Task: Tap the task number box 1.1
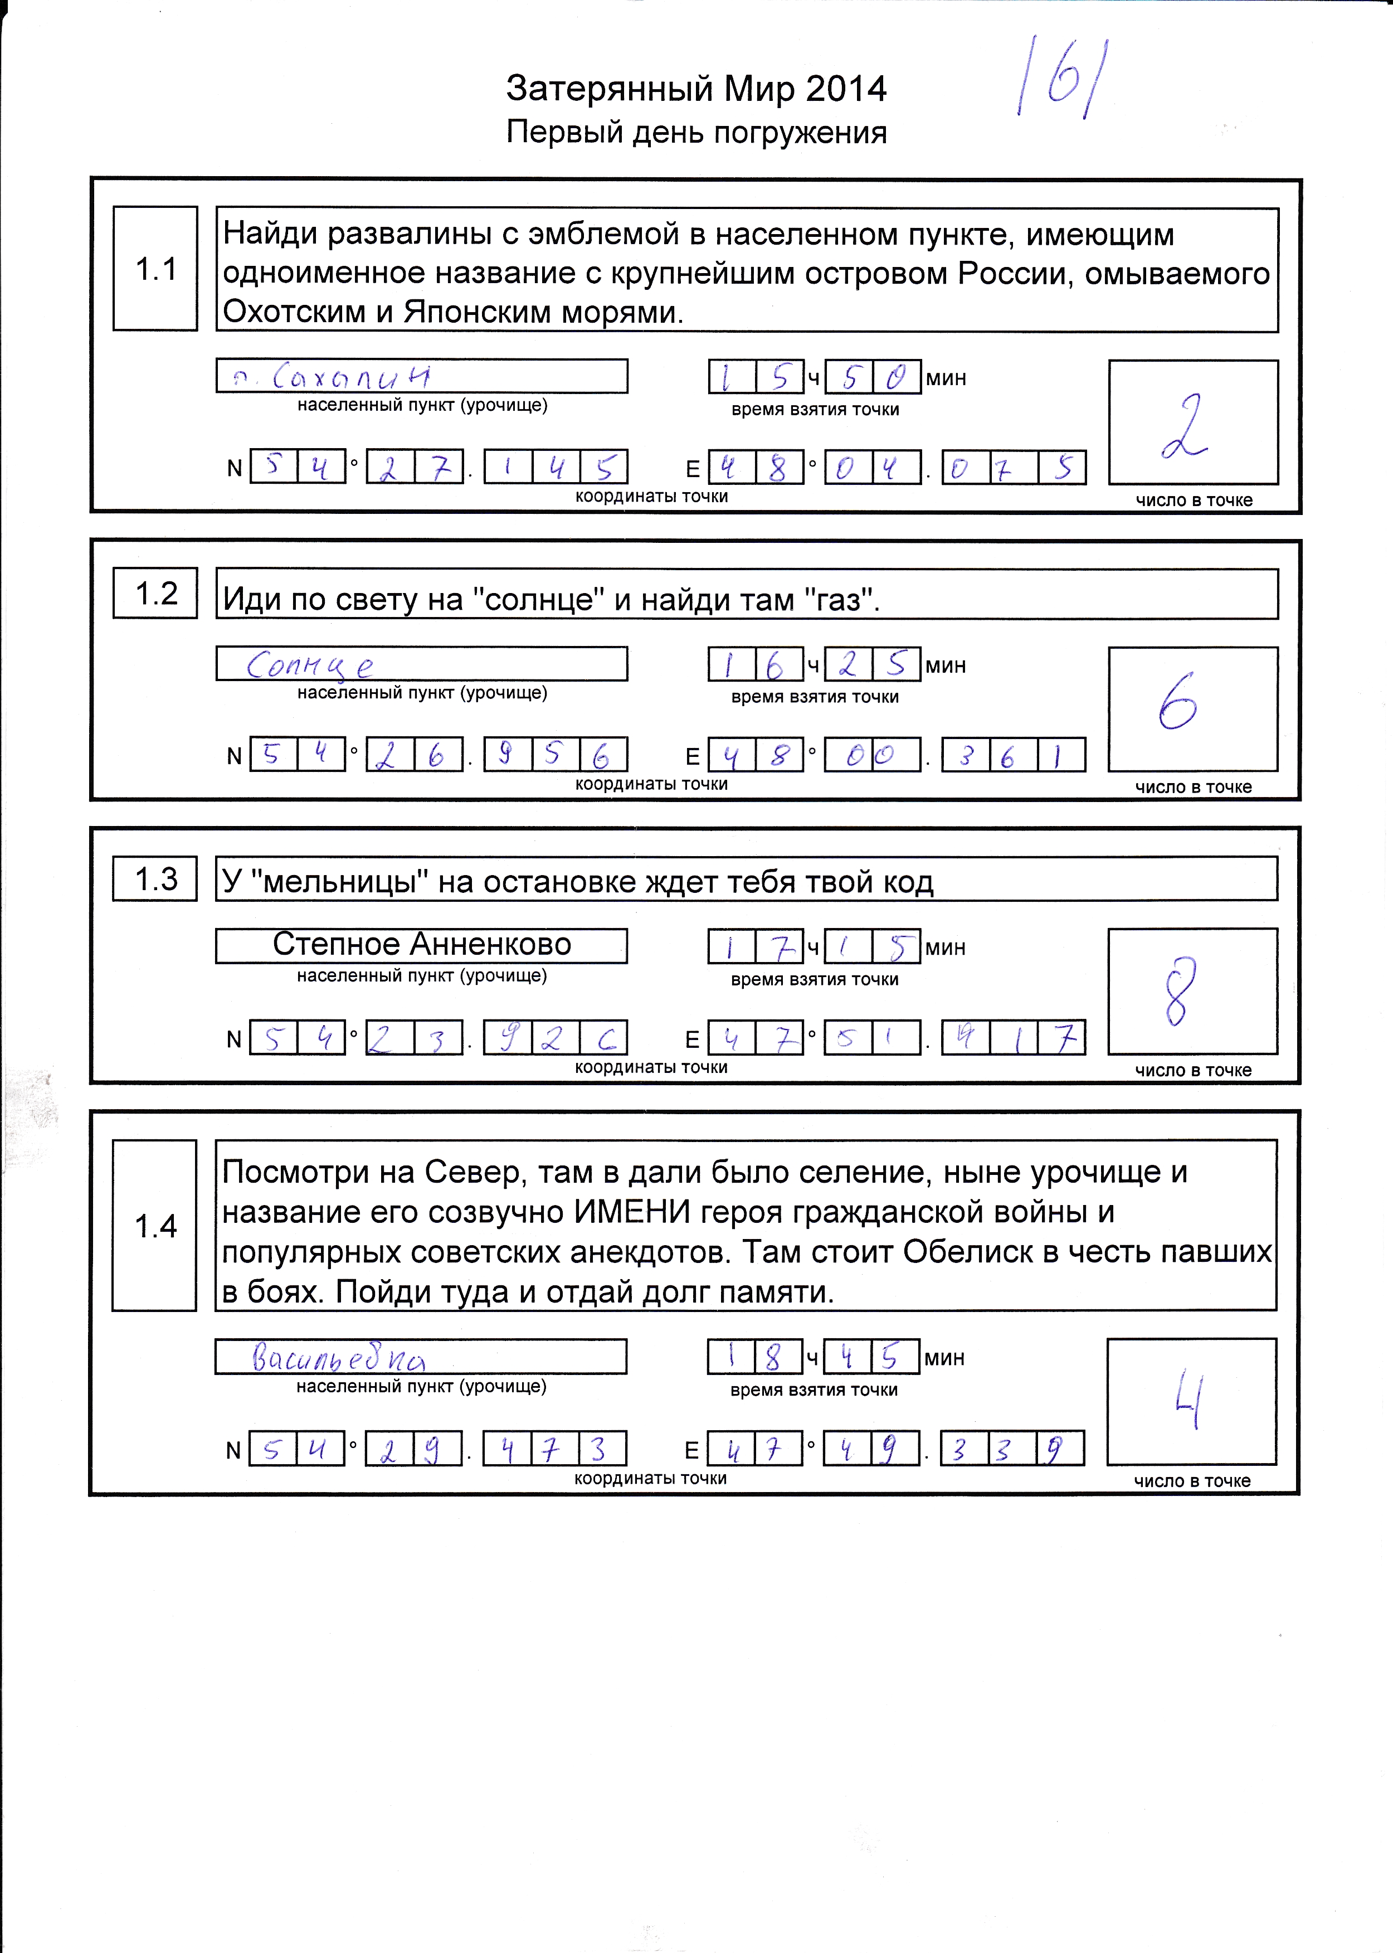[x=155, y=269]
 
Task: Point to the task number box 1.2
[x=155, y=593]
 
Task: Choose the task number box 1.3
[x=155, y=878]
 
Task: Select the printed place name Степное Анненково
[x=421, y=945]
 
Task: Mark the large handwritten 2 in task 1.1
[x=1185, y=426]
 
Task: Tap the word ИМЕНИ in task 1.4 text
[x=631, y=1212]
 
